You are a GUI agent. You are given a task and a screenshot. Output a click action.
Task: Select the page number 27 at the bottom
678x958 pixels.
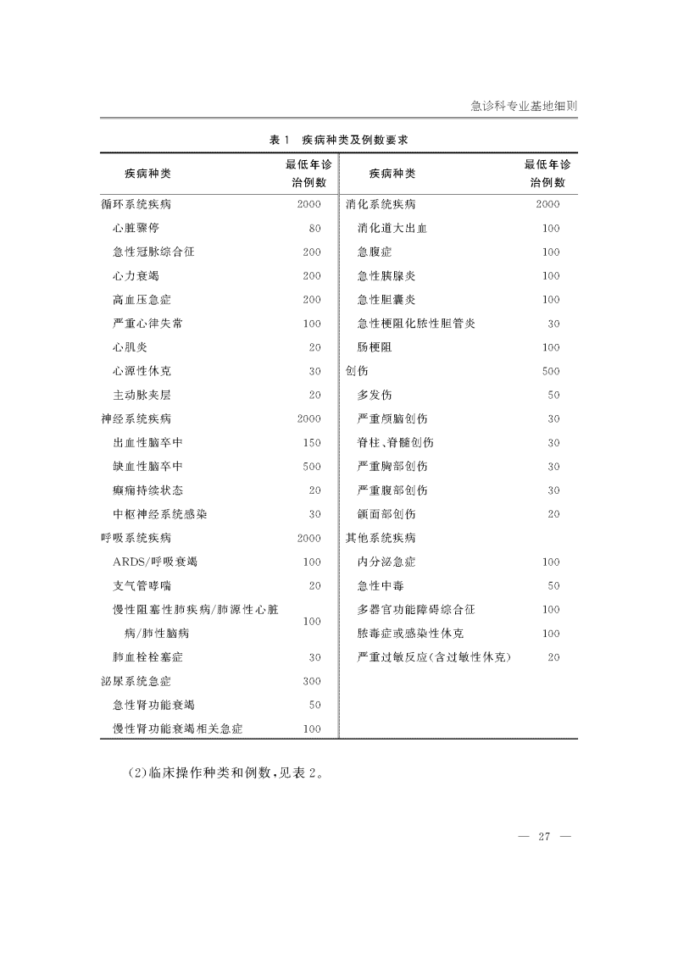click(x=544, y=837)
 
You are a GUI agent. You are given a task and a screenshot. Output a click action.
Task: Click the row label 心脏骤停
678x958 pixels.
click(x=136, y=229)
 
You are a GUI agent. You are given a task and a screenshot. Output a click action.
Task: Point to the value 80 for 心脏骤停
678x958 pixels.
click(x=315, y=229)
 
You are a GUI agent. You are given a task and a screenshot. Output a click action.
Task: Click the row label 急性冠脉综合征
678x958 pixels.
click(x=153, y=252)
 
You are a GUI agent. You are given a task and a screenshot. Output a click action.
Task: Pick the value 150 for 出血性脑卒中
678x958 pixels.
click(x=312, y=442)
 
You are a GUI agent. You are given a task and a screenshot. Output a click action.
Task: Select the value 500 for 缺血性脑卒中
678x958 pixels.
click(x=312, y=466)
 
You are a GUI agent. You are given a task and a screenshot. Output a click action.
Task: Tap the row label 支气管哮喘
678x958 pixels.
click(x=142, y=585)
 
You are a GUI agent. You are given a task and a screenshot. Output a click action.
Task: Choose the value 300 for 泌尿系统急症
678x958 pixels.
click(x=312, y=680)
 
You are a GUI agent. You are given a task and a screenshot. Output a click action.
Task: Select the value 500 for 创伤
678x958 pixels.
click(x=551, y=371)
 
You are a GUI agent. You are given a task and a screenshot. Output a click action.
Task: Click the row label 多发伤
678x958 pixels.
click(x=375, y=395)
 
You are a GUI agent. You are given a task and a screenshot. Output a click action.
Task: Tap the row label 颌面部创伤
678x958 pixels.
click(x=386, y=514)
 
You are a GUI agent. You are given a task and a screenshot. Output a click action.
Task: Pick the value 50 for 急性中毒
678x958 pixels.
click(x=553, y=585)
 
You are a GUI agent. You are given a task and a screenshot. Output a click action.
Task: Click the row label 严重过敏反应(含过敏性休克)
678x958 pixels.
click(x=439, y=656)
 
